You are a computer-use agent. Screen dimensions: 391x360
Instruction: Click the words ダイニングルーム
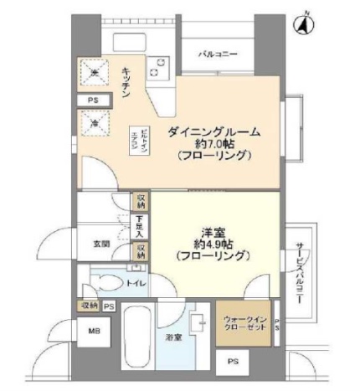[x=213, y=131]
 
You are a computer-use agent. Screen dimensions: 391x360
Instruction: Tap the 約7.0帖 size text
[x=213, y=144]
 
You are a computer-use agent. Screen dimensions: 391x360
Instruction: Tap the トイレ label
[x=136, y=284]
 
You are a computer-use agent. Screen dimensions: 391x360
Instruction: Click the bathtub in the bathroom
[x=136, y=336]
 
